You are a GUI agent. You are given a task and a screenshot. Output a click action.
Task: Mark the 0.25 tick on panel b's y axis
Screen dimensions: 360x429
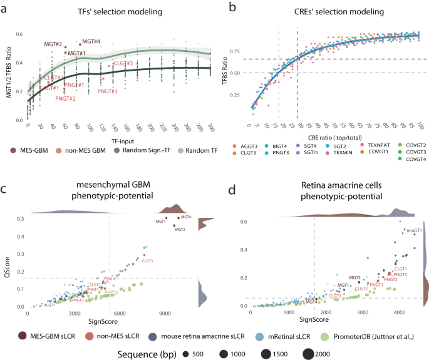[x=237, y=95]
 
